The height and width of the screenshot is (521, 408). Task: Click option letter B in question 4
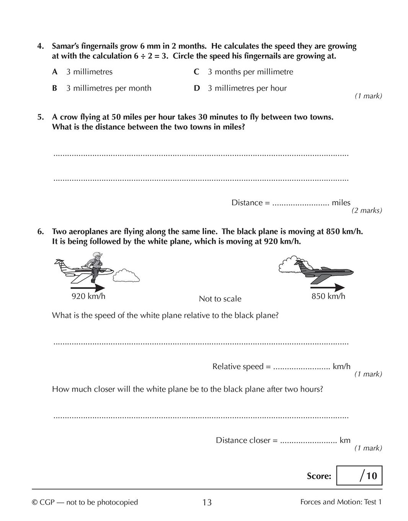click(x=55, y=88)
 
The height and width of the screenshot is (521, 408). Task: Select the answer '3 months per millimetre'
click(x=250, y=72)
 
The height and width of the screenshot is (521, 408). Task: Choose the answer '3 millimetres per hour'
click(x=247, y=88)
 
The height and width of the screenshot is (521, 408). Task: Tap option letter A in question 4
click(x=55, y=72)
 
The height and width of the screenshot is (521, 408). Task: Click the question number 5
click(x=40, y=117)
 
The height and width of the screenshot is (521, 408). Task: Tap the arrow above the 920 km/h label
click(x=88, y=287)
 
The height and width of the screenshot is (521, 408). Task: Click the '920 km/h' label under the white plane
click(x=88, y=296)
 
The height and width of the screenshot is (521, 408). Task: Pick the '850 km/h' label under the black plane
click(x=328, y=296)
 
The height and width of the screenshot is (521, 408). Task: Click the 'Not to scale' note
click(x=220, y=299)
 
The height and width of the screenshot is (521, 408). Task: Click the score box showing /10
click(x=359, y=476)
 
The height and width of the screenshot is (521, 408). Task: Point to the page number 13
click(x=207, y=502)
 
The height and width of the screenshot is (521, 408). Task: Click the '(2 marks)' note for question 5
click(x=367, y=210)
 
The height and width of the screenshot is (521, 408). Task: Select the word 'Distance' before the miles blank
click(x=247, y=203)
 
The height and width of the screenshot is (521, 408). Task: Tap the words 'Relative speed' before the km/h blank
click(x=238, y=367)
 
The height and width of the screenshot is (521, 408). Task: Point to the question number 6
click(x=40, y=231)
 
